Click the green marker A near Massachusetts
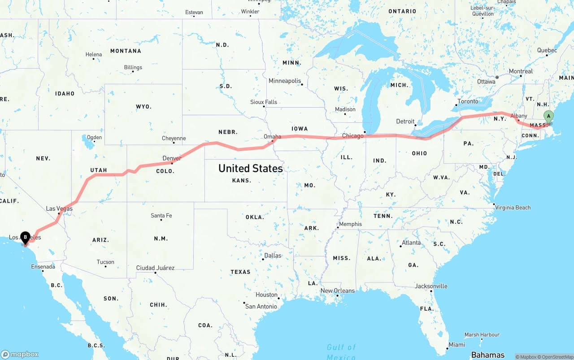click(548, 116)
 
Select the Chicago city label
click(353, 136)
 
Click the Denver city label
click(172, 158)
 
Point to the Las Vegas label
click(59, 208)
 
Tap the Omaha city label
click(272, 137)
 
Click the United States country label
click(251, 168)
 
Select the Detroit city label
click(405, 121)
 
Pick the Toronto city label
click(468, 101)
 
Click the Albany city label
click(519, 116)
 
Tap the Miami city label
click(457, 344)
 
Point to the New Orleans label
click(338, 291)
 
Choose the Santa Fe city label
click(161, 216)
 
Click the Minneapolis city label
click(285, 81)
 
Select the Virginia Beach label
click(513, 208)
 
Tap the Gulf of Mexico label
click(341, 351)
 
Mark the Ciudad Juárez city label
click(155, 268)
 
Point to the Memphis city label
click(350, 224)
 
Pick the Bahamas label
click(487, 355)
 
